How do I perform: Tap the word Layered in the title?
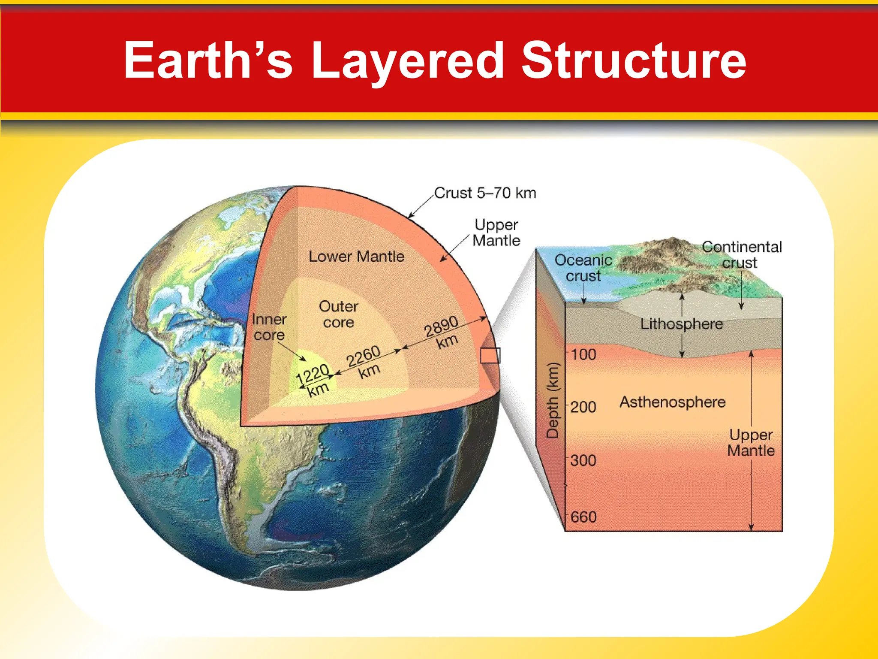click(x=407, y=61)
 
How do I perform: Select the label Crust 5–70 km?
click(x=485, y=193)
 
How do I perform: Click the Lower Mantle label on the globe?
click(x=356, y=257)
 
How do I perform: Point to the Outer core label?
click(x=338, y=314)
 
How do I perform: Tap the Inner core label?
click(x=269, y=327)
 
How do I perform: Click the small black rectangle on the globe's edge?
click(x=490, y=356)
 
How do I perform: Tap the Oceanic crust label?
click(x=583, y=268)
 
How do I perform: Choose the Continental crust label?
click(x=741, y=254)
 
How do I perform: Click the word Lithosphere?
click(x=681, y=324)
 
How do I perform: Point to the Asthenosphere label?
click(x=672, y=402)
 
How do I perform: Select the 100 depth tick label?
click(x=583, y=354)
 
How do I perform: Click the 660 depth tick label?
click(x=583, y=517)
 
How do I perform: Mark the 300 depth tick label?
click(x=583, y=460)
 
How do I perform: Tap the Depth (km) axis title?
click(x=553, y=400)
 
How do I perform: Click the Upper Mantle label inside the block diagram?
click(x=751, y=443)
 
